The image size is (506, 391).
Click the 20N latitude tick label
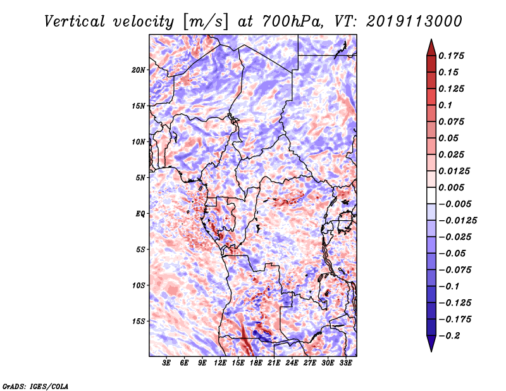click(x=139, y=70)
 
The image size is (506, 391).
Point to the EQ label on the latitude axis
click(x=140, y=214)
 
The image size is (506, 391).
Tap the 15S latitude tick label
click(x=139, y=321)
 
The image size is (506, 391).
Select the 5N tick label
click(x=140, y=178)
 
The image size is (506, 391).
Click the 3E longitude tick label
click(x=167, y=364)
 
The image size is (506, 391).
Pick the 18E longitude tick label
click(x=256, y=364)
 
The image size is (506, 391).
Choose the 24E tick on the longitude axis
click(x=292, y=364)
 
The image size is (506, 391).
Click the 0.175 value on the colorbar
click(x=453, y=56)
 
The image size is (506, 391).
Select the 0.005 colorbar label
click(x=453, y=187)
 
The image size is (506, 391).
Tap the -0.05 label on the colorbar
click(x=455, y=253)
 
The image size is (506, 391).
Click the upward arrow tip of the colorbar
click(x=431, y=41)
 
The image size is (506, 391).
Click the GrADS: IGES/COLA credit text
click(x=35, y=385)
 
